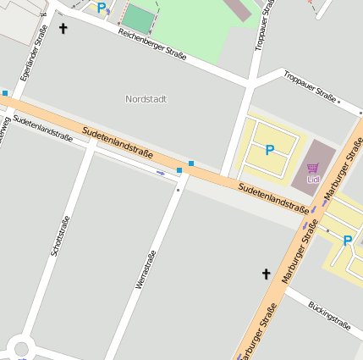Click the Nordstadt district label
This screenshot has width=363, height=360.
[x=146, y=99]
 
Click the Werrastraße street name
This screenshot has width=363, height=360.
[x=146, y=270]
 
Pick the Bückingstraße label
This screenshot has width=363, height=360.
[x=329, y=313]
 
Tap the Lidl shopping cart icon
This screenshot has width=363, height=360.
[x=313, y=169]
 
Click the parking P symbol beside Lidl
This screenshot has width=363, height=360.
[x=270, y=151]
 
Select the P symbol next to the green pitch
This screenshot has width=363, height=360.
[x=102, y=8]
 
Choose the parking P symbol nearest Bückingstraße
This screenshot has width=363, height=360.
[x=347, y=241]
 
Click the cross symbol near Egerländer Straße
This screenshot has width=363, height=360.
[x=63, y=29]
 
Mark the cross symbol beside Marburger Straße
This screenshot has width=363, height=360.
[x=266, y=274]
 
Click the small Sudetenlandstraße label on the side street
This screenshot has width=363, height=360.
[x=42, y=128]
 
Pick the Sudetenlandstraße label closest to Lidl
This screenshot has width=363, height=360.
[x=273, y=196]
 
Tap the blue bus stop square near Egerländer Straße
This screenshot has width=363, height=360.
[x=5, y=93]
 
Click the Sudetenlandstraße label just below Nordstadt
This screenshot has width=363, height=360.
[x=118, y=143]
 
